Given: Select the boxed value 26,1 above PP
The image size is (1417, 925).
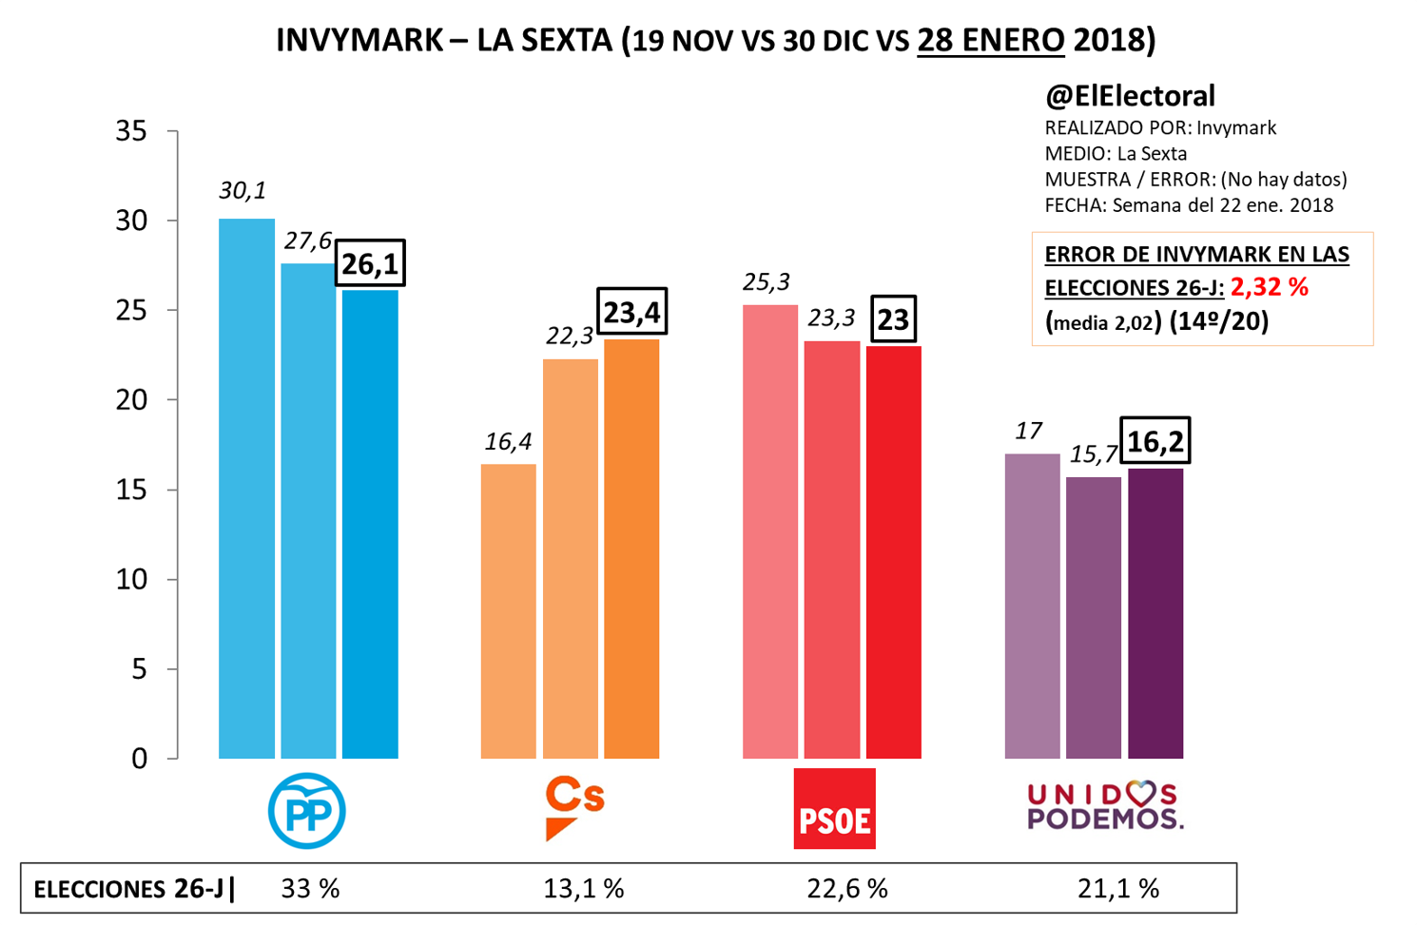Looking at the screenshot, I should (370, 263).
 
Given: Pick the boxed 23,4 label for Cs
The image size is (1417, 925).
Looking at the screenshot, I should (631, 312).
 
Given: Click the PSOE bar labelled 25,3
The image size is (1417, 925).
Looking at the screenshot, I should (769, 531).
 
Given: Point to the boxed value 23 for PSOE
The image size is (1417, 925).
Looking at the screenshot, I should (893, 319).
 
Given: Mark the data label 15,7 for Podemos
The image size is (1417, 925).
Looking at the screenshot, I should (1093, 455).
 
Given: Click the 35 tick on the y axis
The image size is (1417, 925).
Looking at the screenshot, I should (132, 131).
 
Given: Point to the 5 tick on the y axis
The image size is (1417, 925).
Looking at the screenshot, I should (139, 669).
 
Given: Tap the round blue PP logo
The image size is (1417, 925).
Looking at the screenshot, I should (306, 811).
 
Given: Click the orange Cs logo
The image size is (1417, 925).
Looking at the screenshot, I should (573, 808).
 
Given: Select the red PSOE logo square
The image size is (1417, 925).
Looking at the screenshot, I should (834, 809).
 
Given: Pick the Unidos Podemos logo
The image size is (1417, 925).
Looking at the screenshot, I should (1104, 806).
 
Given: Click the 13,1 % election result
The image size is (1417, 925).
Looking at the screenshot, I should (583, 889).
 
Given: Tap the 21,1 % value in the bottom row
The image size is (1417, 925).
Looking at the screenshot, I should (1118, 889).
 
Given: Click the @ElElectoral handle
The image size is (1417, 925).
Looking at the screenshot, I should (1130, 96).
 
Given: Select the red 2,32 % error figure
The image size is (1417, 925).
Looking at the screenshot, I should (1269, 287).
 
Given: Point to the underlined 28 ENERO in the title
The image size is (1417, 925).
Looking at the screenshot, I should (990, 41).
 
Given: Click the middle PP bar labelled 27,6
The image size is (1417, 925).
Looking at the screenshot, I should (308, 511).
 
